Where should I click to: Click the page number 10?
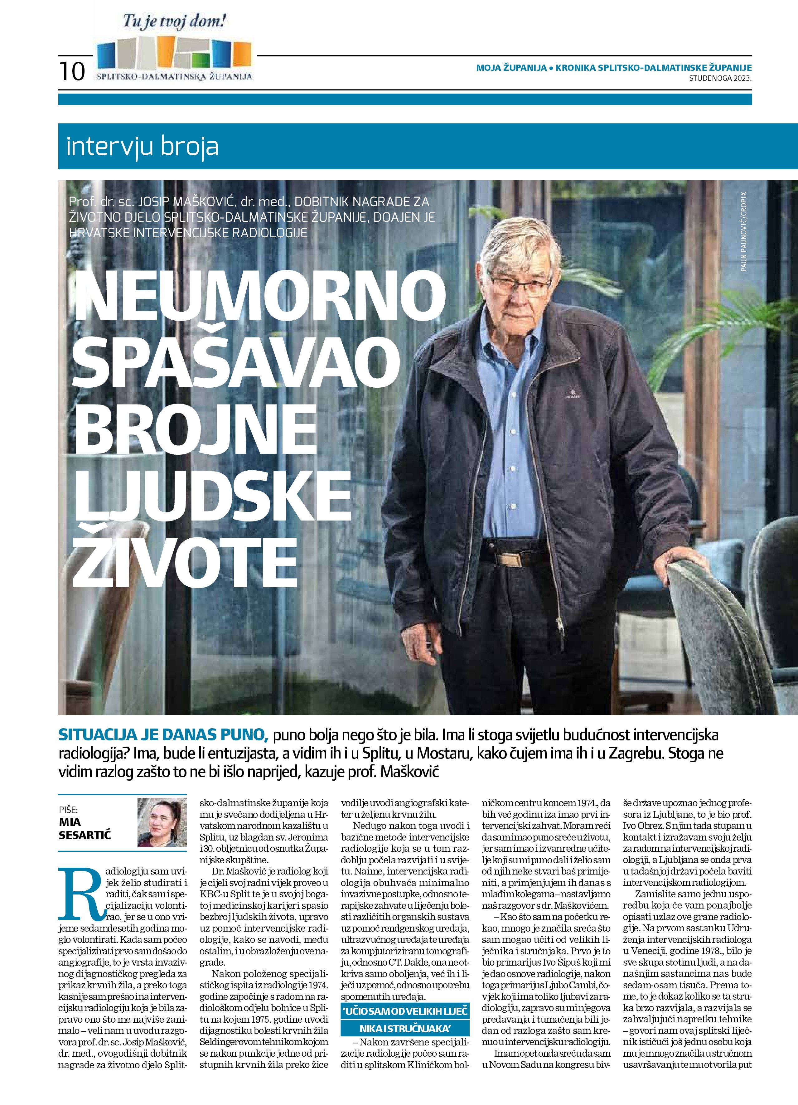[72, 71]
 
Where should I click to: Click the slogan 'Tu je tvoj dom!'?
[174, 22]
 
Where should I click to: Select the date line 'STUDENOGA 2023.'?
[720, 78]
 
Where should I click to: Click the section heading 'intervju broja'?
[142, 147]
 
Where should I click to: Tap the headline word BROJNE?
[195, 431]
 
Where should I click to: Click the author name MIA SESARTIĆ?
[85, 829]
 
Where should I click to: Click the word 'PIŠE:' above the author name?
[68, 810]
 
